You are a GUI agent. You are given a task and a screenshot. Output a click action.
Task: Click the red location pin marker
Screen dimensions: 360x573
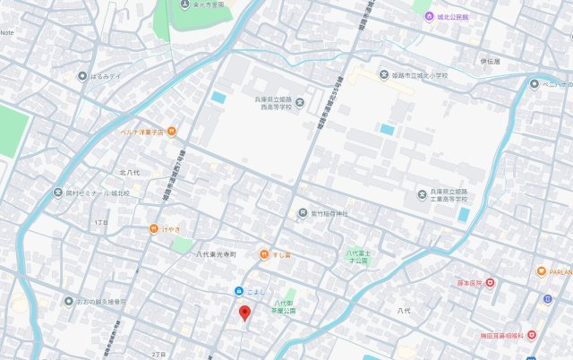(244, 313)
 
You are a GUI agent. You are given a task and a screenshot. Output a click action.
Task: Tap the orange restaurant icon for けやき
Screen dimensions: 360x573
(154, 229)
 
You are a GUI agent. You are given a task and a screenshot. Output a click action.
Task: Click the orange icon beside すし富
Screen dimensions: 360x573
(263, 255)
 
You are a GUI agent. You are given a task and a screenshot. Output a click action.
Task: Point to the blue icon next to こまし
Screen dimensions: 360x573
(238, 291)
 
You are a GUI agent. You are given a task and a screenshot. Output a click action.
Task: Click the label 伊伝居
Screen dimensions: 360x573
(490, 61)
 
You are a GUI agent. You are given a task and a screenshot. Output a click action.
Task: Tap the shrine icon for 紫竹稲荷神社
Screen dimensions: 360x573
(302, 213)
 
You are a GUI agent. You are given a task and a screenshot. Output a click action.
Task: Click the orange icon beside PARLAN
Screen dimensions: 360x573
(542, 271)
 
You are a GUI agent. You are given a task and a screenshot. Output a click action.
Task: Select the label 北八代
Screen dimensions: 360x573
(129, 171)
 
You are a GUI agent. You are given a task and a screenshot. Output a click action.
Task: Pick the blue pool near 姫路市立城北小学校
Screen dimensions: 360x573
(386, 129)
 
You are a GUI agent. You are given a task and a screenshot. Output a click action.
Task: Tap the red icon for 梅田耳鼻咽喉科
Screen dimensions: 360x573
(532, 334)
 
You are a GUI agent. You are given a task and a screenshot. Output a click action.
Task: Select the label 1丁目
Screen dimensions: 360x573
(100, 219)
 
